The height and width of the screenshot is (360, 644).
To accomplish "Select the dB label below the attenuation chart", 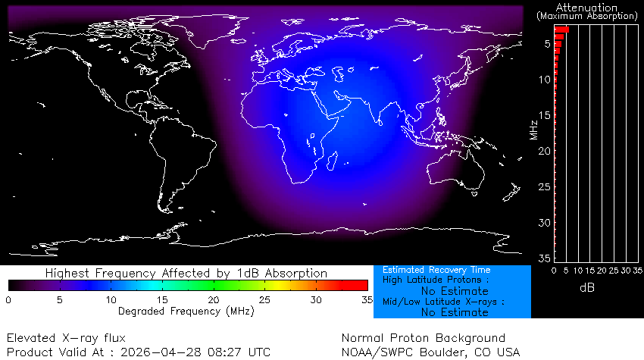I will tap(586, 288).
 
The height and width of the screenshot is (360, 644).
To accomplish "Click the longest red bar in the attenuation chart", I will tap(561, 30).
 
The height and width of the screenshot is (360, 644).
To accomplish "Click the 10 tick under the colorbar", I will tap(111, 300).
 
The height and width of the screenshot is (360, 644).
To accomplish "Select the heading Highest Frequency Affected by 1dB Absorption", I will tap(186, 273).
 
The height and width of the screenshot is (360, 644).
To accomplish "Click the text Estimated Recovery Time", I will tap(436, 270).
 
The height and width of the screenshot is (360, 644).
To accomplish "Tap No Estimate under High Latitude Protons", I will tap(455, 291).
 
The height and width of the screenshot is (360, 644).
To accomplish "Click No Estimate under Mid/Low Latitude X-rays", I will tap(455, 312).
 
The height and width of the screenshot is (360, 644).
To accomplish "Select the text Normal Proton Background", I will tap(423, 338).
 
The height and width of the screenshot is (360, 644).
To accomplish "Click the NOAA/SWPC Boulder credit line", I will tap(430, 352).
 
